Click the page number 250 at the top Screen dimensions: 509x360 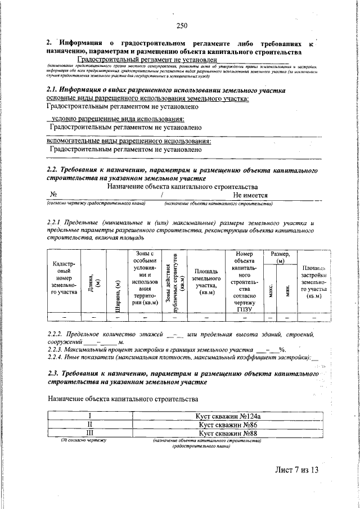point(181,25)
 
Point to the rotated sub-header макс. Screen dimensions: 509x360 point(271,290)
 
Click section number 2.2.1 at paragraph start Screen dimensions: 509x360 point(55,224)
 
